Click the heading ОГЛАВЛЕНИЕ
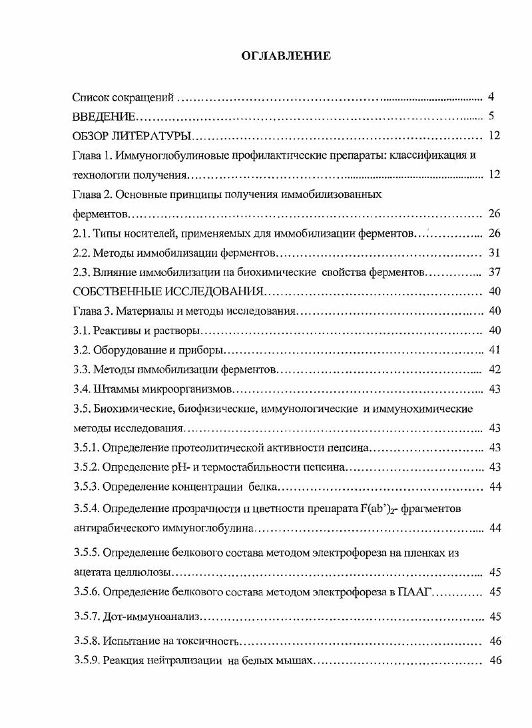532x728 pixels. click(285, 57)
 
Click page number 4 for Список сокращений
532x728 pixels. click(491, 97)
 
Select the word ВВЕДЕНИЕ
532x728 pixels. click(104, 117)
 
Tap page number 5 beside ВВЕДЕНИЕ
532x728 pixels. click(491, 117)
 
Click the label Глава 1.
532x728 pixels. click(93, 156)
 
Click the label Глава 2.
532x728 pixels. click(93, 195)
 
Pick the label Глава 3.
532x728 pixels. click(93, 311)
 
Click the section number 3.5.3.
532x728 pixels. click(85, 487)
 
